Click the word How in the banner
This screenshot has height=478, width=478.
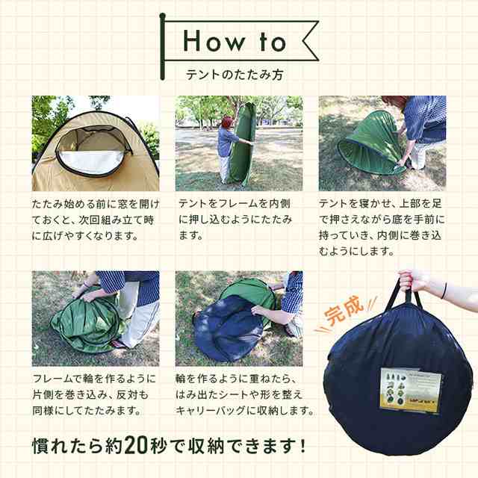click(214, 41)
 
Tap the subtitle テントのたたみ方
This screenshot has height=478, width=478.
click(235, 75)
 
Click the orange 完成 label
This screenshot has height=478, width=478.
click(344, 311)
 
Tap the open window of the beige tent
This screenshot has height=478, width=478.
click(93, 151)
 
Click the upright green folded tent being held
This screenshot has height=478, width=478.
click(241, 143)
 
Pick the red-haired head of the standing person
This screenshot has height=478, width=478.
click(227, 122)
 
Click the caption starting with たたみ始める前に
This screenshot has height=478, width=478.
click(96, 220)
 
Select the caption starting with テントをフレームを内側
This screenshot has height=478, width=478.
click(235, 220)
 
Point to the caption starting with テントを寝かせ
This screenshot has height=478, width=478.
click(382, 227)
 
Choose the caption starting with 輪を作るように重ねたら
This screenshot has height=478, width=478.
click(245, 394)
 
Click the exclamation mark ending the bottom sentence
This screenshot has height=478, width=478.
click(302, 445)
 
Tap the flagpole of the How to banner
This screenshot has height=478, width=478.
click(162, 46)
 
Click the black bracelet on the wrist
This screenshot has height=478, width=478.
click(444, 291)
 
